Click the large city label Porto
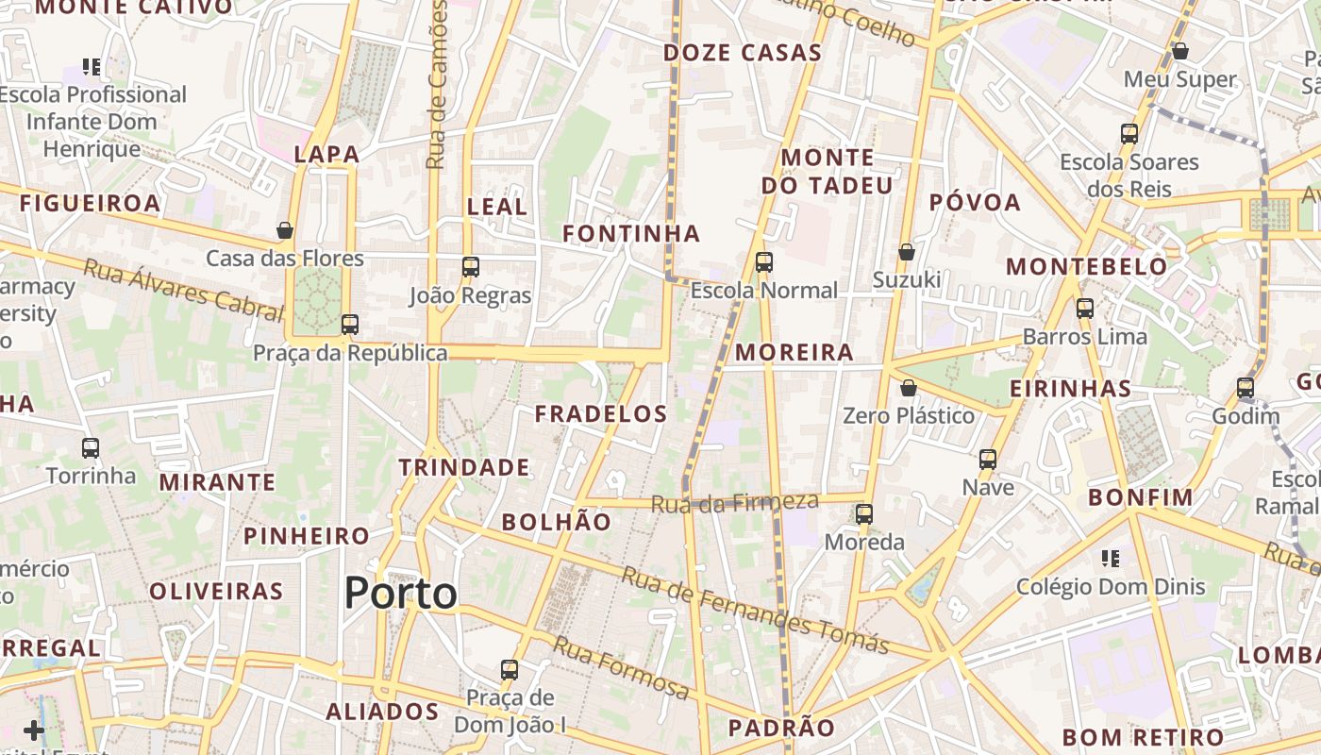(x=400, y=594)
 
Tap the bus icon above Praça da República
(x=350, y=325)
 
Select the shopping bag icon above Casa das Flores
(x=285, y=230)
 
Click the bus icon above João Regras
(x=471, y=267)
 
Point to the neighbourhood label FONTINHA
(x=631, y=233)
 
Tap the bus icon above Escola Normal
(x=764, y=262)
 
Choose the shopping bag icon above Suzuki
(x=907, y=252)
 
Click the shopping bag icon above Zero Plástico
(x=909, y=388)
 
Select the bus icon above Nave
(x=988, y=460)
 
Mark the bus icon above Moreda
(x=864, y=514)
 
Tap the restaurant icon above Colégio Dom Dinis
(x=1111, y=559)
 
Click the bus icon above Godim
(x=1246, y=388)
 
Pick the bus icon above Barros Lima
(x=1085, y=309)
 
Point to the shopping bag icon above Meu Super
(x=1179, y=51)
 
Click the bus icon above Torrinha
(x=91, y=448)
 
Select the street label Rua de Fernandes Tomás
(x=755, y=612)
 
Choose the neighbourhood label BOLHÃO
(x=556, y=522)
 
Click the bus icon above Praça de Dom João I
(x=510, y=670)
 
